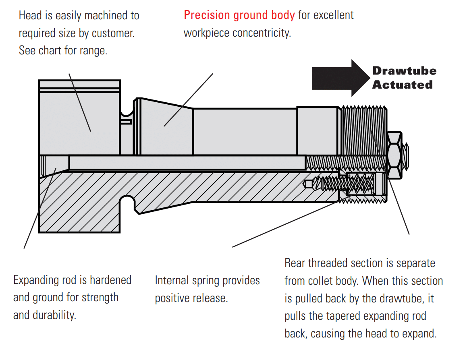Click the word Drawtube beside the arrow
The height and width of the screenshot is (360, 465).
pos(404,71)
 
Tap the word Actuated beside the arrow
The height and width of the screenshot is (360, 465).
pos(402,85)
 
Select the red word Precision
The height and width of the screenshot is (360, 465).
pos(208,15)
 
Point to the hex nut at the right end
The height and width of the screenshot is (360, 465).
pos(394,155)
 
